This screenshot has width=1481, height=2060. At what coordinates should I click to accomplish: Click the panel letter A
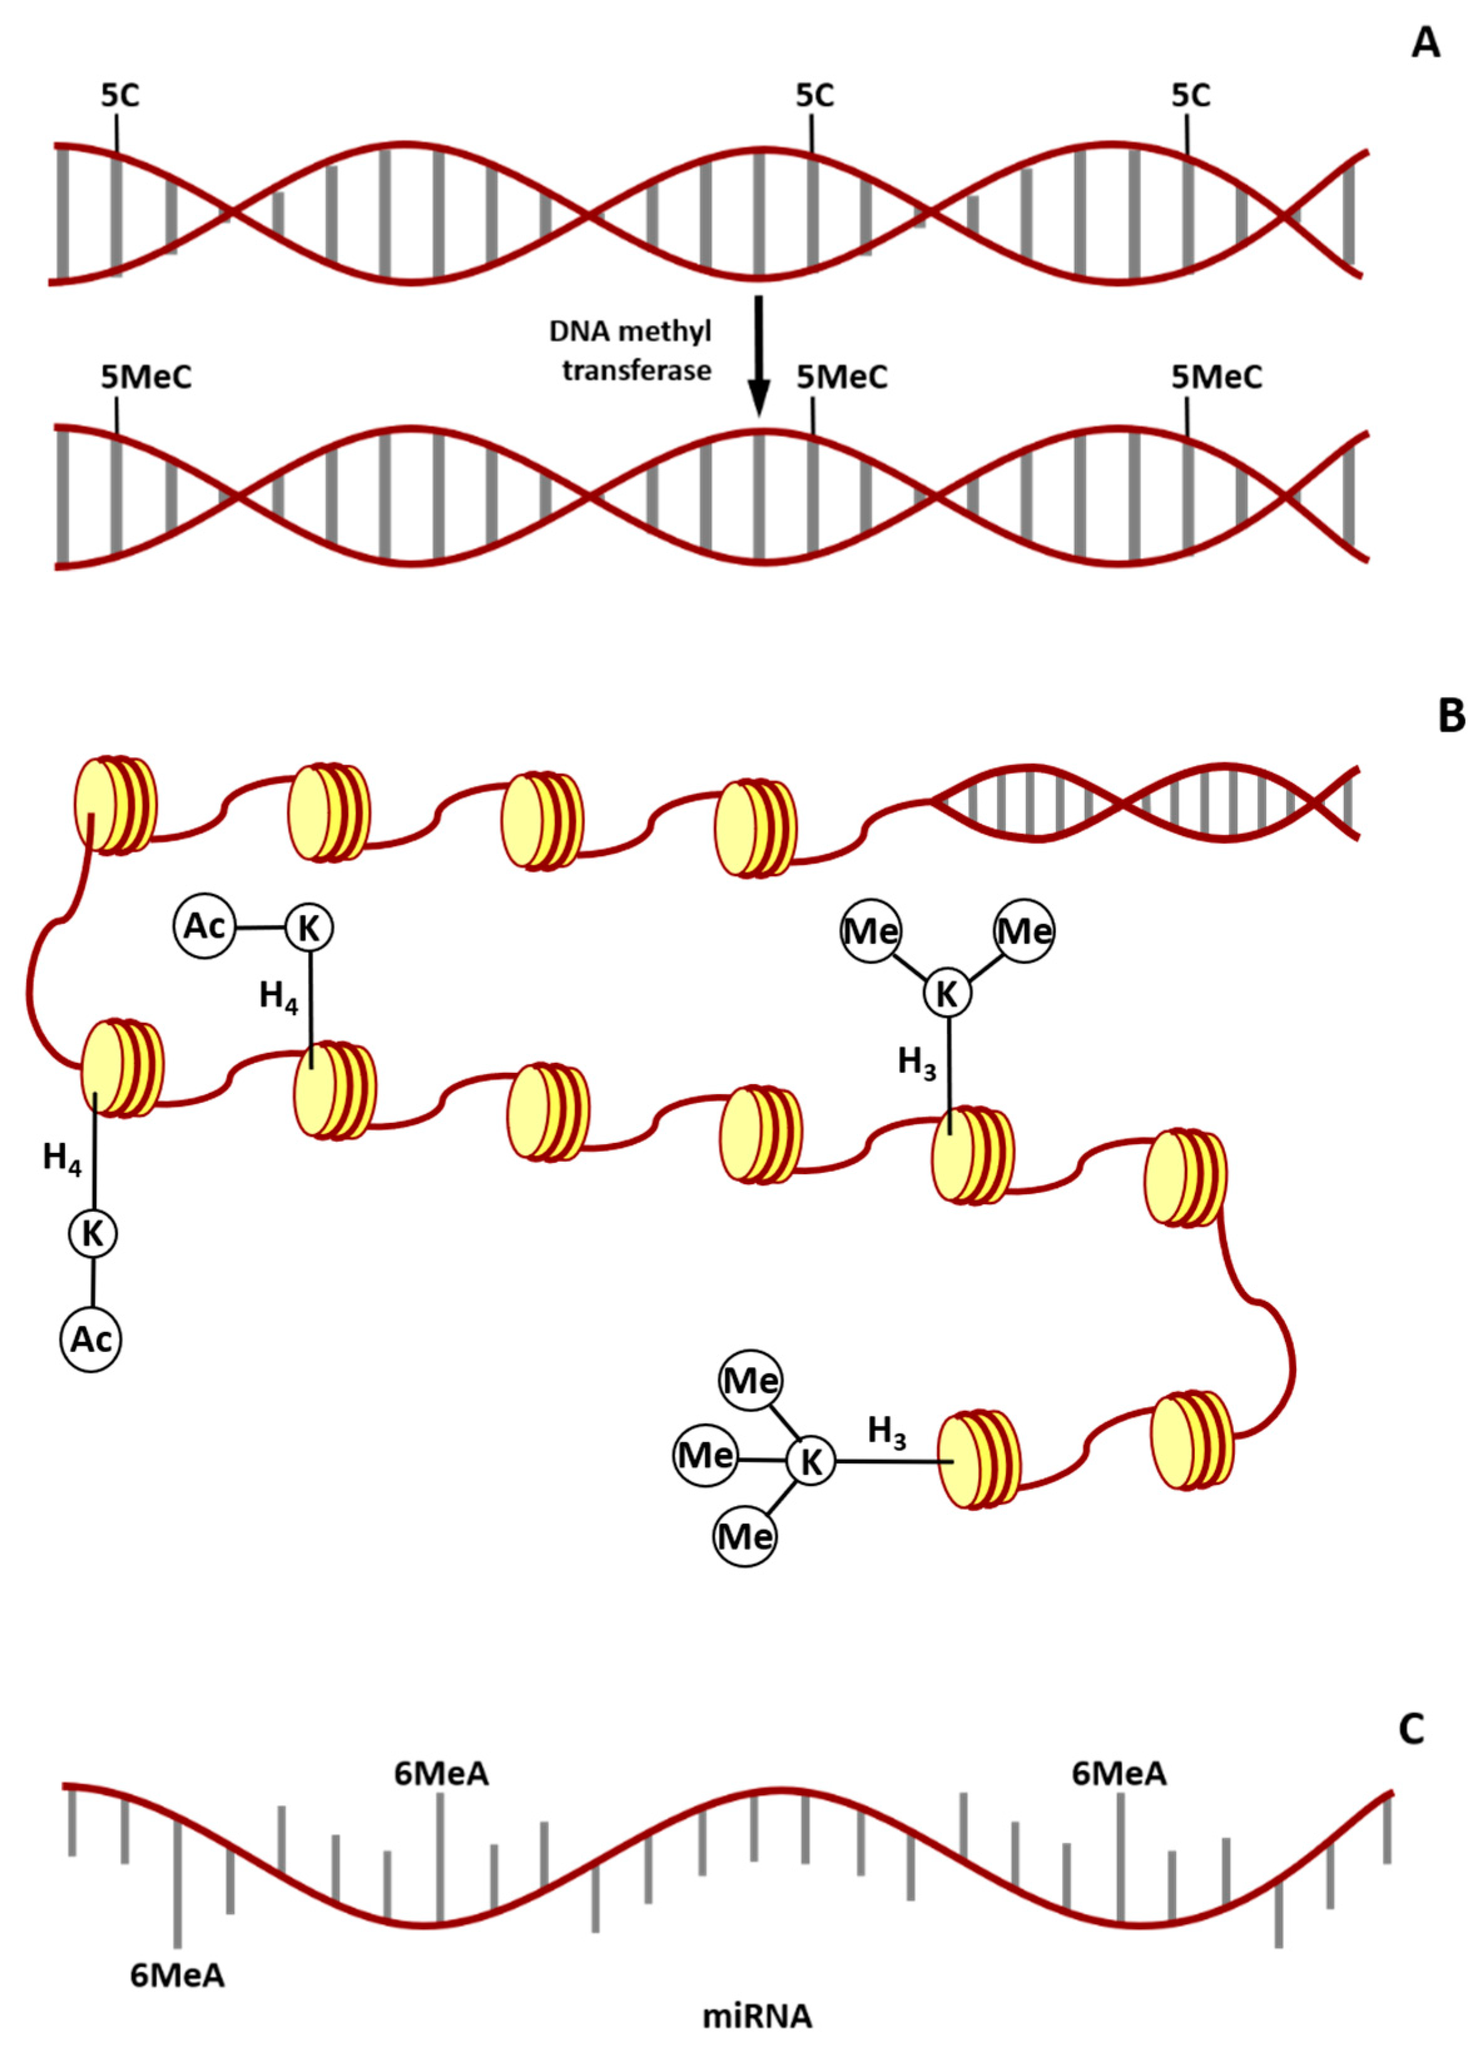1425,42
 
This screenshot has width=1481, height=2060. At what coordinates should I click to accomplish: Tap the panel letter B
1450,715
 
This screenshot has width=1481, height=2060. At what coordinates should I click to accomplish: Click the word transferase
637,370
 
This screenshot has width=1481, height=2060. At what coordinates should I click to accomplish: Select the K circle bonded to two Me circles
947,993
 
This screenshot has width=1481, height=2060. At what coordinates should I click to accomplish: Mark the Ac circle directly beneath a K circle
91,1340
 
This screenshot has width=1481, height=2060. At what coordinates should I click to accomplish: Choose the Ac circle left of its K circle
204,926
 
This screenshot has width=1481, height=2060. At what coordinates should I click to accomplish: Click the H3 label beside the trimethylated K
887,1432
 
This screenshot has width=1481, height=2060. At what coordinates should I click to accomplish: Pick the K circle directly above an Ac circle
93,1234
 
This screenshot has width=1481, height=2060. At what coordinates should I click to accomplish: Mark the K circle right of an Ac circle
309,928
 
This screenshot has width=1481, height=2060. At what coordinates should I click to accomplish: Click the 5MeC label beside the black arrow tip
842,377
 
